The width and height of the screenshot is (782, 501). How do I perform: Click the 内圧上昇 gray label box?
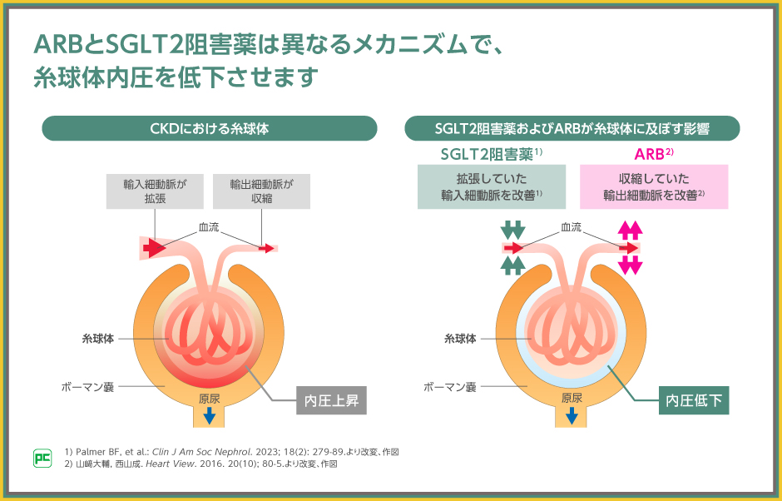click(x=331, y=400)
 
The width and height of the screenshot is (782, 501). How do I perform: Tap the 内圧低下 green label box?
click(x=694, y=400)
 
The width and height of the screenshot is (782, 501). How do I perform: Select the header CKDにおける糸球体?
click(x=209, y=128)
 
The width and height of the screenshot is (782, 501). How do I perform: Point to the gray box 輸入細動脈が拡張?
click(x=155, y=191)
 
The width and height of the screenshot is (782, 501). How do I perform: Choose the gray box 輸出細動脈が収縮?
click(x=262, y=191)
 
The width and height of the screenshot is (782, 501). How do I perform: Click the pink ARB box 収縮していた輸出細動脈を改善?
click(x=654, y=186)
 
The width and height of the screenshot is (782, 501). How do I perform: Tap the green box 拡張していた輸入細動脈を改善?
click(x=491, y=186)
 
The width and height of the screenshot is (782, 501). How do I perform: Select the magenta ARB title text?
click(x=651, y=154)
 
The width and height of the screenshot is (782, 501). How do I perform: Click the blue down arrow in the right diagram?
click(x=572, y=414)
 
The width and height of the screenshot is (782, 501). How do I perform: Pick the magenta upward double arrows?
click(x=630, y=230)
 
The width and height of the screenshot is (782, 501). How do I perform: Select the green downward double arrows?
click(x=513, y=230)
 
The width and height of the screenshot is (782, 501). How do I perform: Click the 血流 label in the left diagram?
click(x=209, y=226)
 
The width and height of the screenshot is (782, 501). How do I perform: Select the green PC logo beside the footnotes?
click(x=42, y=458)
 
